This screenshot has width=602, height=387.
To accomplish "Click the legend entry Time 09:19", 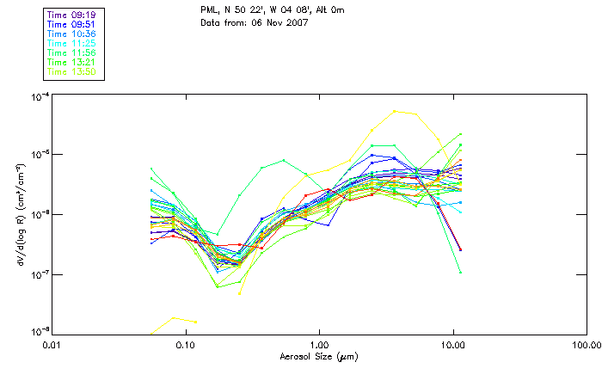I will tap(71, 15).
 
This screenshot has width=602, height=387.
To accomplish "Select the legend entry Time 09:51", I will tap(71, 24).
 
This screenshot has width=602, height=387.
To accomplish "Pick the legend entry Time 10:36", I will tap(71, 34).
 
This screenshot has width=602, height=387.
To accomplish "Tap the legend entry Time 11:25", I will tap(71, 43).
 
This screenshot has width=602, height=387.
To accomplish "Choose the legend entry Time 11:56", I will tap(71, 52).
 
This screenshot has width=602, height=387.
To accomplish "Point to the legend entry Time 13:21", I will tap(71, 62).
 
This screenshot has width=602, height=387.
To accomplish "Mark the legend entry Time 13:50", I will tap(71, 71).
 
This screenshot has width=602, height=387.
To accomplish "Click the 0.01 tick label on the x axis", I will tap(52, 344).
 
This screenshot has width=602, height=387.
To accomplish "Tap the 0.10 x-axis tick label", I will tap(185, 344).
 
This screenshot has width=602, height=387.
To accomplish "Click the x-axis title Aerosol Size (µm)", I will tap(318, 355).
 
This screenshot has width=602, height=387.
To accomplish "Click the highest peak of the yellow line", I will tap(395, 111).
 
